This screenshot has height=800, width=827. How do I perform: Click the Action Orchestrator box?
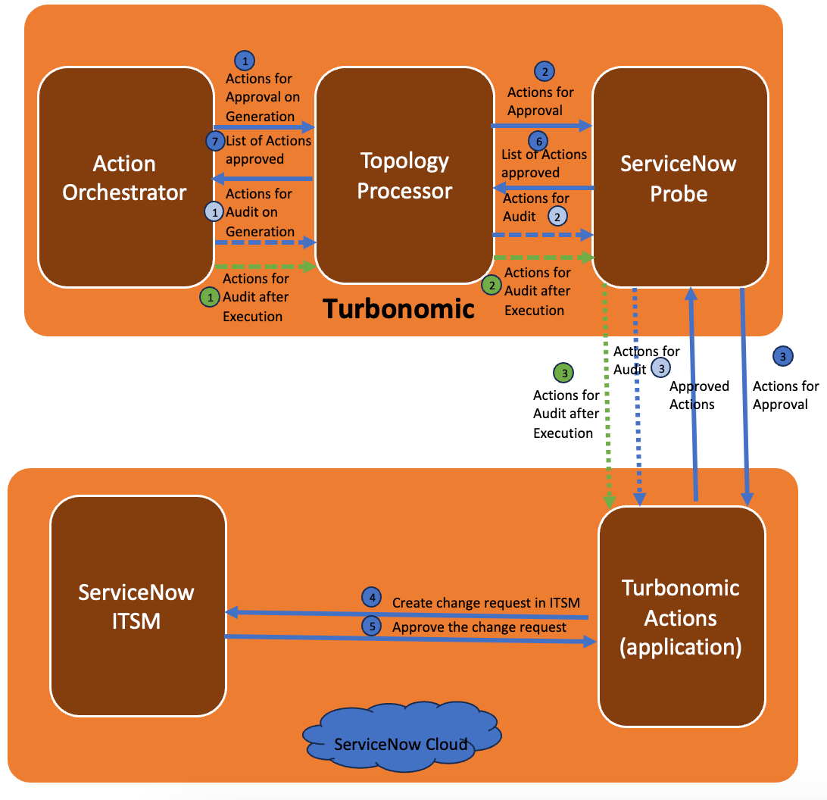(125, 178)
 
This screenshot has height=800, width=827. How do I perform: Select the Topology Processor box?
(404, 175)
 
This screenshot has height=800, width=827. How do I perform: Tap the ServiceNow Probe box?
(679, 178)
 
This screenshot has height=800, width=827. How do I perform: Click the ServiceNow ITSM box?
(137, 606)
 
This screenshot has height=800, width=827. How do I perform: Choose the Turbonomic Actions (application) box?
(681, 617)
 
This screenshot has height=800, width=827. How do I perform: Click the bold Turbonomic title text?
(398, 309)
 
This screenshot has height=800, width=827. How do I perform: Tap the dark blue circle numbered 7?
(215, 141)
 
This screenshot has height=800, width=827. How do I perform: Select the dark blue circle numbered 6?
(537, 142)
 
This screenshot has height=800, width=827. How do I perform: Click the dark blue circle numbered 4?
(371, 598)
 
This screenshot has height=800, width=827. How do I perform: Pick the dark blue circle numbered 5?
(371, 626)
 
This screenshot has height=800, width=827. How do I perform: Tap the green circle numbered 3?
(563, 373)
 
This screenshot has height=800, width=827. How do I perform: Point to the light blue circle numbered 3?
(660, 368)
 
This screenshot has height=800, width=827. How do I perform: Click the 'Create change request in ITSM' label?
(485, 603)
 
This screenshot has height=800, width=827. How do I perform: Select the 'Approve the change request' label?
(479, 627)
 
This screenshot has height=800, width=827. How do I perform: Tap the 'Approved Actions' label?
(698, 395)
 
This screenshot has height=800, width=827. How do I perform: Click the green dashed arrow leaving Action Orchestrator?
(264, 267)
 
